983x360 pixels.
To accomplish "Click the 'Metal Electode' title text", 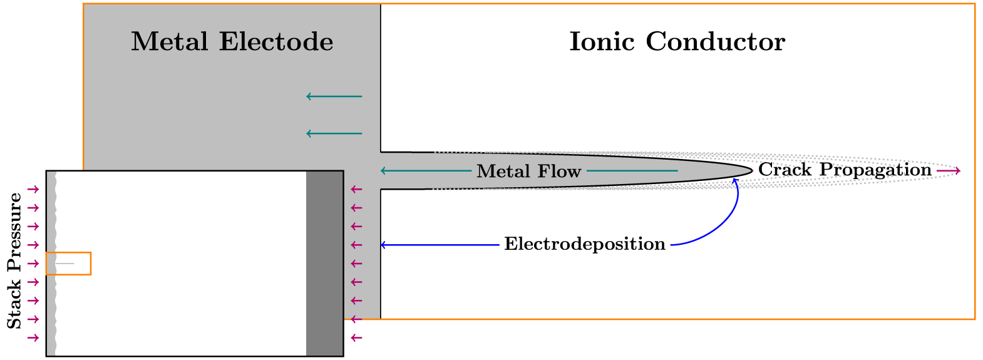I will pos(232,42).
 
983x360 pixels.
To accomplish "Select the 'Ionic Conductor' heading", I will pos(677,42).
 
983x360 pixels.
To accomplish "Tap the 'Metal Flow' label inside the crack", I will pos(528,171).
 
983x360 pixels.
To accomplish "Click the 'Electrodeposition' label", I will pos(585,244).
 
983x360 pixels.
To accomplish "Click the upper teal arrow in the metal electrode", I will pos(334,96).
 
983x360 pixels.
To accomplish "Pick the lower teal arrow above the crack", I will pos(334,133).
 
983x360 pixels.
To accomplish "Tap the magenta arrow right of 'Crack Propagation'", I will pos(949,170).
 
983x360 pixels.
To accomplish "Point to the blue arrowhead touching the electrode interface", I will pos(383,245).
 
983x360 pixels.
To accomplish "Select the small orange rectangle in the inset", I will pos(68,264).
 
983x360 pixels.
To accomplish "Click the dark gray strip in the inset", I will pos(324,263).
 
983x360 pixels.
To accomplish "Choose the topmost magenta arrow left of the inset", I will pos(33,189).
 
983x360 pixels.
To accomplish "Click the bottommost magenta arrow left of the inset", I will pos(33,338).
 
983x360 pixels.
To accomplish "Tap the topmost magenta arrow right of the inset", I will pos(356,189).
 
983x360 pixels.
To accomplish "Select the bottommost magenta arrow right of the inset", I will pos(356,338).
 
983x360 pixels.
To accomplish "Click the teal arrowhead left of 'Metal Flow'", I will pos(383,170).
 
